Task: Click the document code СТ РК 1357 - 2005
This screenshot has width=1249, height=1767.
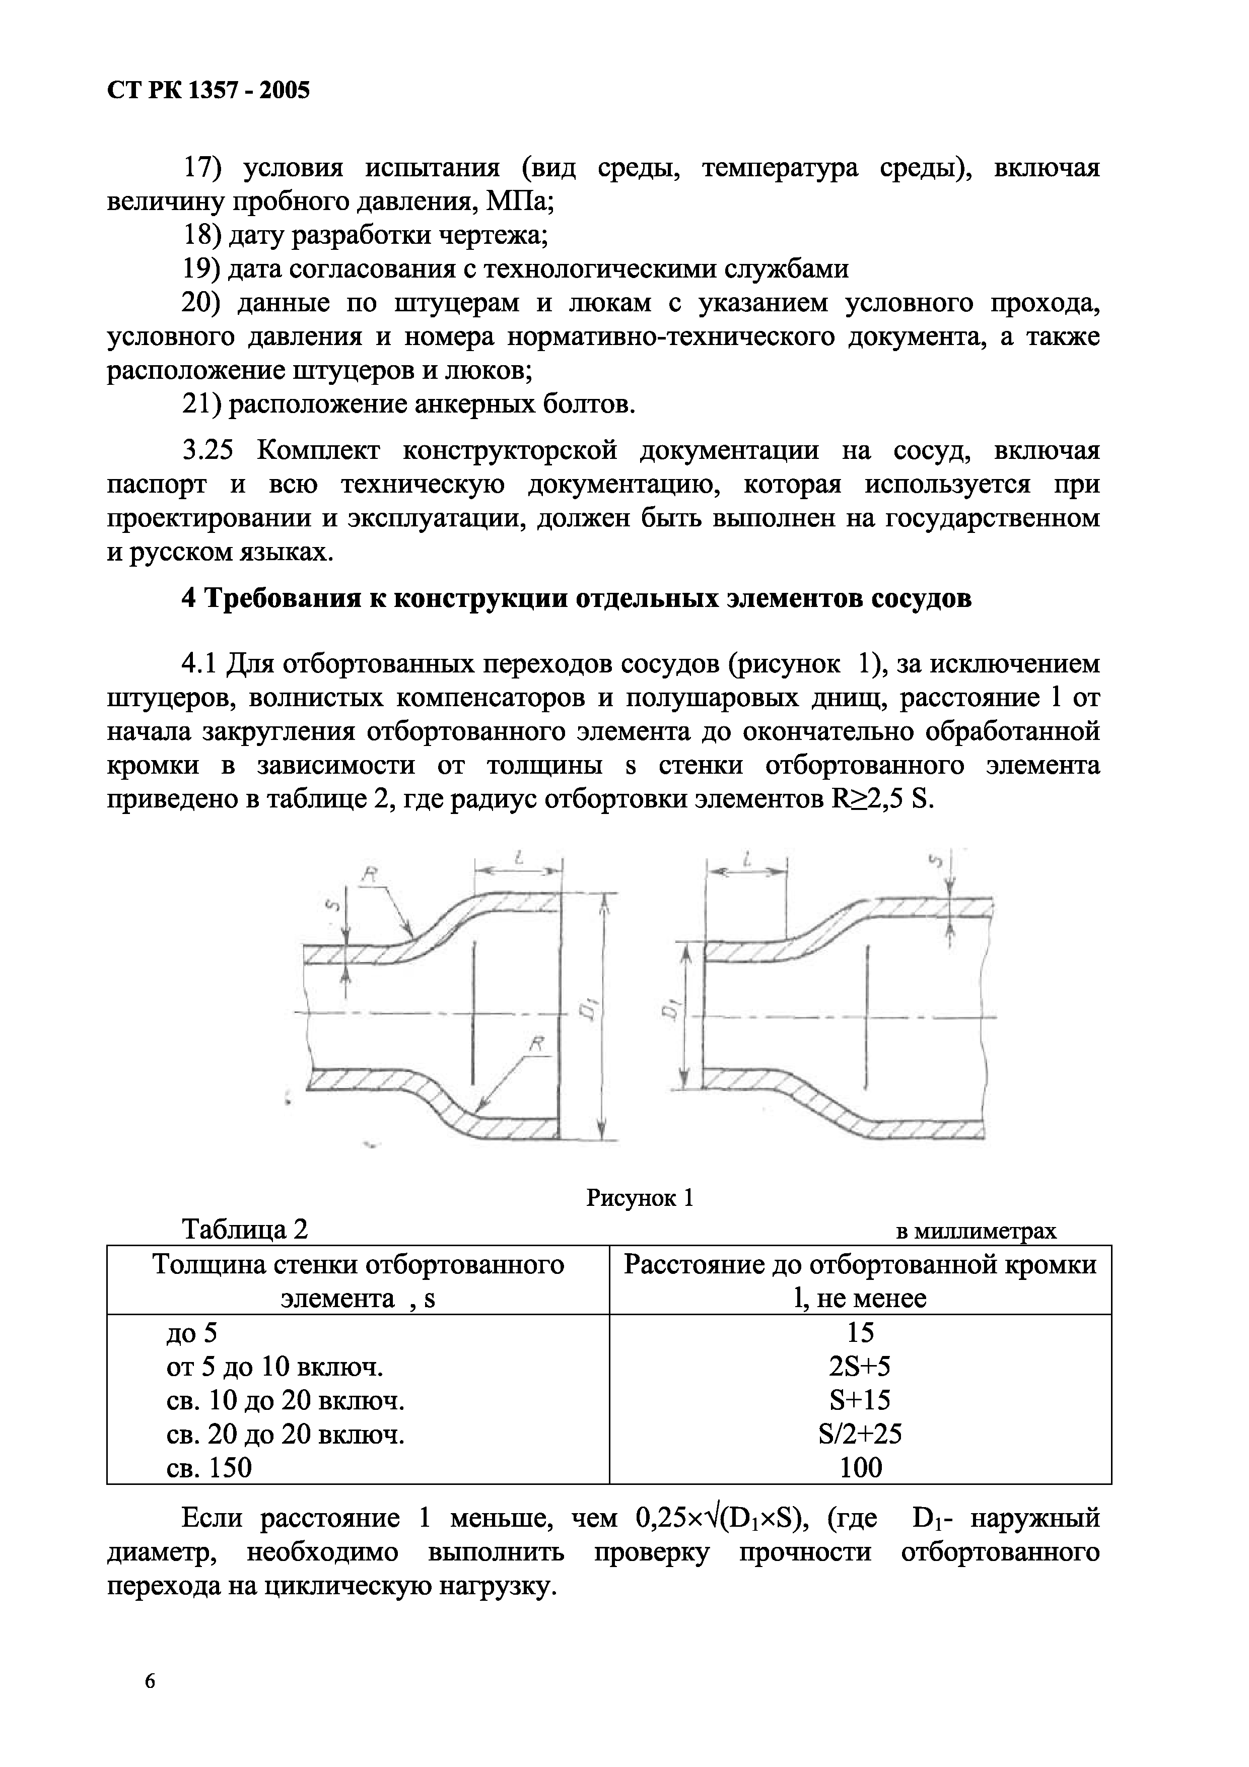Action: (208, 91)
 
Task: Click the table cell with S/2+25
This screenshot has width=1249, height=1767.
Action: (860, 1434)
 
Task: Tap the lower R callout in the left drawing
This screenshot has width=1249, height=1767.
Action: (537, 1044)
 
